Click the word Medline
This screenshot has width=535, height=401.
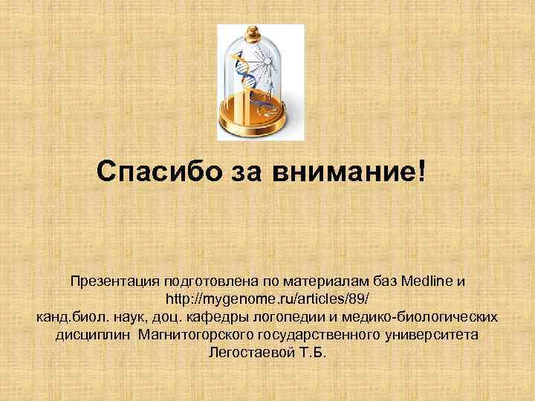(x=427, y=282)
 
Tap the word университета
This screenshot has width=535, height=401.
(x=432, y=334)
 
